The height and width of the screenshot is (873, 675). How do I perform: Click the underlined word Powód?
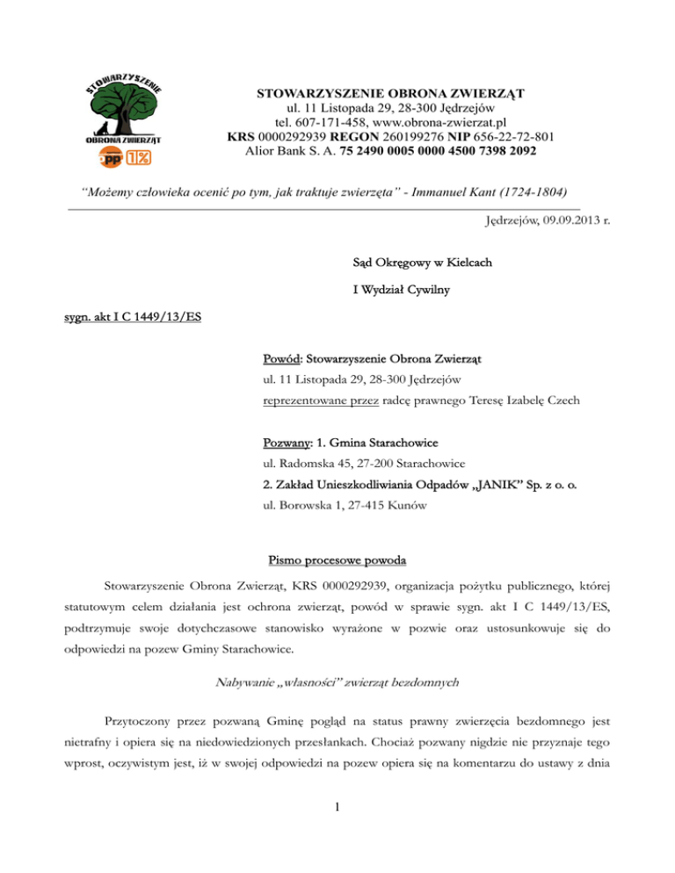click(281, 359)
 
